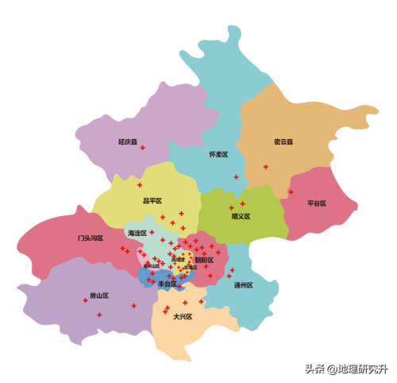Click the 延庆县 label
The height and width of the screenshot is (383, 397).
(x=128, y=142)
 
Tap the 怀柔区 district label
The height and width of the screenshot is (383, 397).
(x=218, y=154)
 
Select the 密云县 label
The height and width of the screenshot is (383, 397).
(x=283, y=142)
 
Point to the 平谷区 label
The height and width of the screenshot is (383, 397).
(x=317, y=203)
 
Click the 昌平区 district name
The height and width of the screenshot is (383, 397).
(x=152, y=201)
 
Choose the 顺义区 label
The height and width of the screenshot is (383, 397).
(x=241, y=216)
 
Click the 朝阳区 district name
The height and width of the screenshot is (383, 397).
(x=204, y=260)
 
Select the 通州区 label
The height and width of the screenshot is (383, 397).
(x=243, y=285)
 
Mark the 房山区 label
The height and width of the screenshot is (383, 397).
(x=98, y=296)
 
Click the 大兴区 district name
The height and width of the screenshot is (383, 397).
(x=183, y=316)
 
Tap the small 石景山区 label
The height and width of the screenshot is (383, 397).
(x=152, y=266)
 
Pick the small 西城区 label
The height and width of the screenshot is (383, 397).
(x=178, y=259)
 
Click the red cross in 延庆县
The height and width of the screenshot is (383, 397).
(x=143, y=149)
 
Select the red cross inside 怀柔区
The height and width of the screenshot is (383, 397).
(x=236, y=176)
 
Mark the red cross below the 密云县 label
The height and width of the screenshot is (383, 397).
(x=266, y=167)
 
